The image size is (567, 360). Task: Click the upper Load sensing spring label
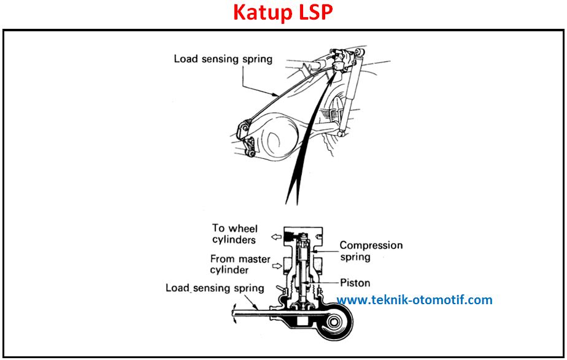(x=223, y=59)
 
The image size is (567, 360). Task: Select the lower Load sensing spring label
(x=215, y=288)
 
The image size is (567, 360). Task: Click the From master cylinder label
(x=240, y=264)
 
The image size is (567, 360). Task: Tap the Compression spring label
(x=371, y=251)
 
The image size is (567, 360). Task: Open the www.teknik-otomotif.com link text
(x=414, y=300)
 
